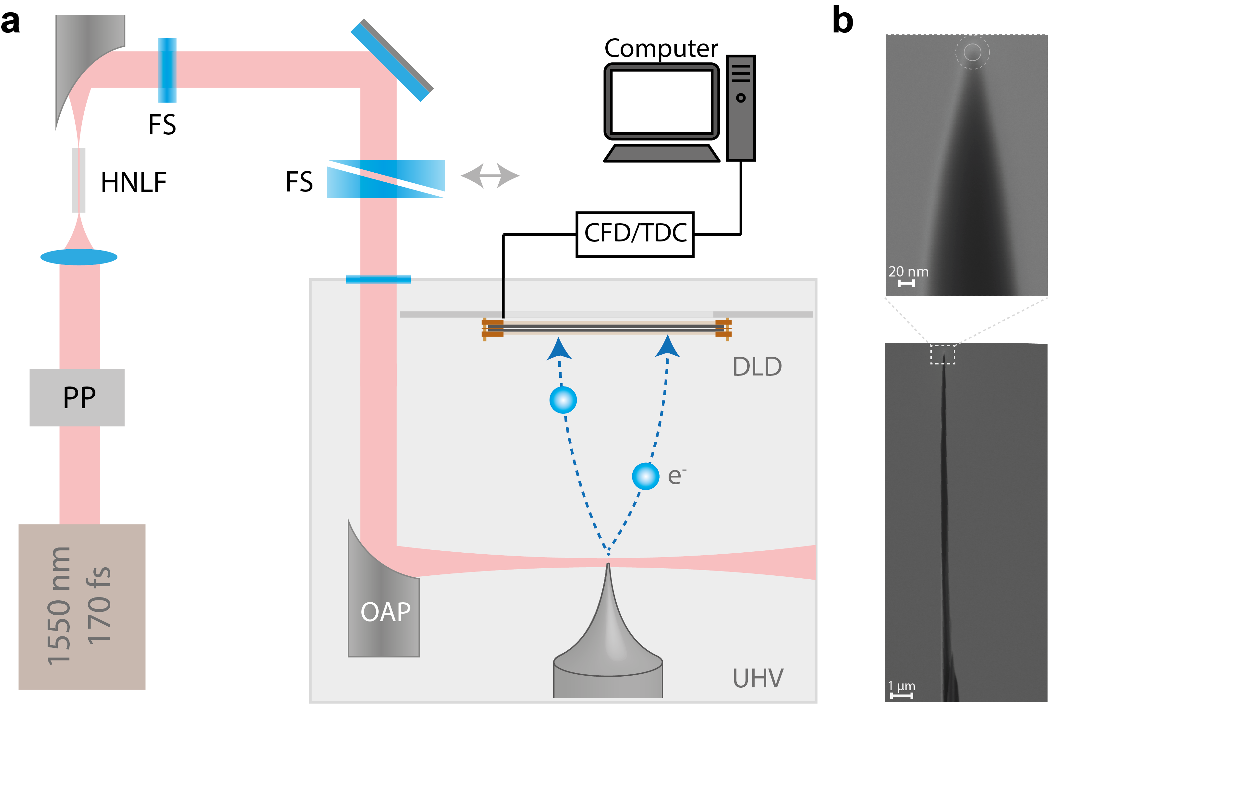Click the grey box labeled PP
(77, 398)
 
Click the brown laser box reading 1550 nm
(82, 606)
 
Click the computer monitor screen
(661, 102)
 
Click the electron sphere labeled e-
(646, 476)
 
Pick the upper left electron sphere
(563, 400)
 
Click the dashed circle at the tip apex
(972, 52)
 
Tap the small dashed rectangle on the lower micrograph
(942, 355)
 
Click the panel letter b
(843, 21)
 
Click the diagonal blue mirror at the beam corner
(392, 60)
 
